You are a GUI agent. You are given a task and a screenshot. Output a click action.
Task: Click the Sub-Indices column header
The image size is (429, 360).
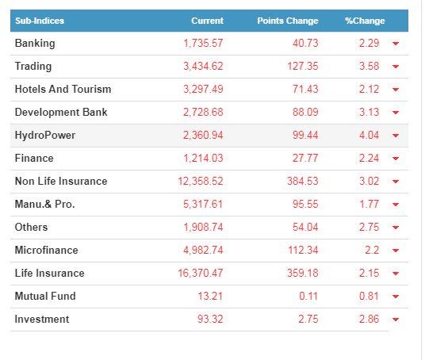[x=40, y=21]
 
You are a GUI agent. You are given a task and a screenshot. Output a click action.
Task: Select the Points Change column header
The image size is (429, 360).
[x=288, y=21]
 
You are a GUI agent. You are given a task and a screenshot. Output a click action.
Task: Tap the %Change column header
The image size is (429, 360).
[x=365, y=21]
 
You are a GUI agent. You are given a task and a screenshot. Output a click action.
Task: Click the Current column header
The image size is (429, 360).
[x=207, y=21]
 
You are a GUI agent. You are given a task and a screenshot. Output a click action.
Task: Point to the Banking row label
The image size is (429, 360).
[x=35, y=44]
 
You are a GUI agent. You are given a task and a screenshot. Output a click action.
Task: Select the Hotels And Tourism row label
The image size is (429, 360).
[x=63, y=89]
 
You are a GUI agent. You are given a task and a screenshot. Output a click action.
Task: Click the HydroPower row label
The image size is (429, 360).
[x=45, y=136]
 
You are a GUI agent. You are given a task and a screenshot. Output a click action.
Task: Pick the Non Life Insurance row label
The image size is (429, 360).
[x=61, y=181]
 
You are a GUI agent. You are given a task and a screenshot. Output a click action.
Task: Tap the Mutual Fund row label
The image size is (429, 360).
[x=45, y=296]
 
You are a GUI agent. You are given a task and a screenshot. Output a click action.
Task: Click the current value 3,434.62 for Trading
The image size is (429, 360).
[x=203, y=66]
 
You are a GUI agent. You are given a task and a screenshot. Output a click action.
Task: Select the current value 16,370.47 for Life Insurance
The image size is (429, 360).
[x=201, y=273]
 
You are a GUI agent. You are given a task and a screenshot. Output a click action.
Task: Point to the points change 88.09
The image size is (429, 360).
[x=305, y=112]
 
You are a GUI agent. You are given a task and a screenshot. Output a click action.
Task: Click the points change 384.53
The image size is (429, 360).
[x=303, y=181]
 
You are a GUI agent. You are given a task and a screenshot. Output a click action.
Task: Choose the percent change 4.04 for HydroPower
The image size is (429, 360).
[x=369, y=135]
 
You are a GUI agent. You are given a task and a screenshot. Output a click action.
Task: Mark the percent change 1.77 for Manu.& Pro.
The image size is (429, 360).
[x=369, y=204]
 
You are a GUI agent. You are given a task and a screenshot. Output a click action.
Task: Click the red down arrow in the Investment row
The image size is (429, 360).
[x=396, y=320]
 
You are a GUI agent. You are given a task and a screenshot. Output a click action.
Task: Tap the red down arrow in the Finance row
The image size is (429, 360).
[x=396, y=159]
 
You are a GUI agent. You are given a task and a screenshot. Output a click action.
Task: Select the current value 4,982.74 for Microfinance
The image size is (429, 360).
[x=203, y=250]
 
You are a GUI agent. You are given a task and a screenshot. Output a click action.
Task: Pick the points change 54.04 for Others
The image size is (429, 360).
[x=305, y=227]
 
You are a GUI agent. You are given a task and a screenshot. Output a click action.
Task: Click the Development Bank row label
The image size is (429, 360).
[x=61, y=112]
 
